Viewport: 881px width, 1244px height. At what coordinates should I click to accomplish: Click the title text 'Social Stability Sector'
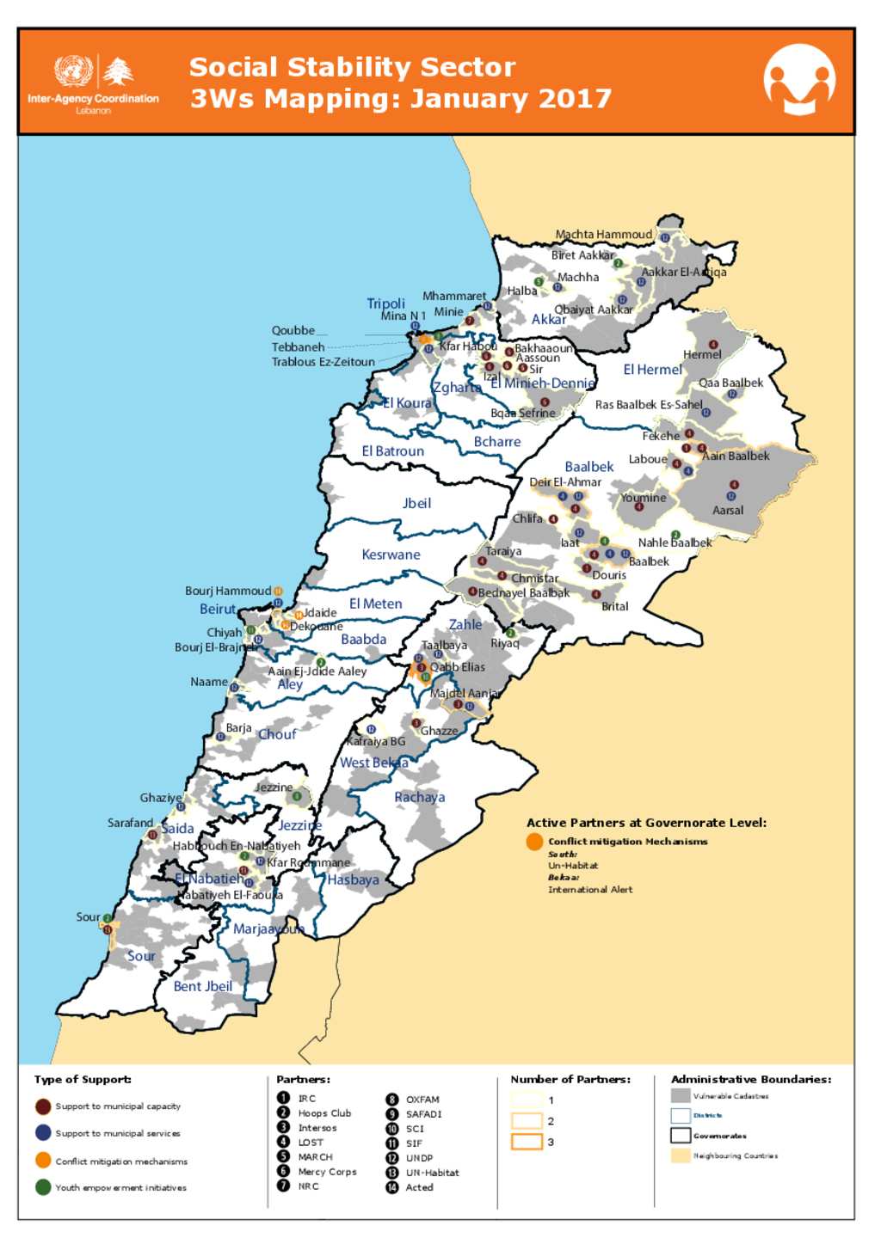352,67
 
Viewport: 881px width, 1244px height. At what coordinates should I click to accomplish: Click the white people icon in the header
799,80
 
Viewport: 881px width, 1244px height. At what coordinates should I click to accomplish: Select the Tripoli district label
385,303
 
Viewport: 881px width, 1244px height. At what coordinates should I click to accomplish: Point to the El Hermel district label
652,370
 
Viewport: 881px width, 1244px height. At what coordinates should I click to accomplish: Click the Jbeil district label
416,504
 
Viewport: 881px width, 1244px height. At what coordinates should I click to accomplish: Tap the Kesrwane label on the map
391,555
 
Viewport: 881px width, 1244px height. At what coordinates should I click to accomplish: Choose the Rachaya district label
419,798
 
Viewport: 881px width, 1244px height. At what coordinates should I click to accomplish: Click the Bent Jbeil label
202,987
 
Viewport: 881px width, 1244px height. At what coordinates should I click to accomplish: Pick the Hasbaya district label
353,880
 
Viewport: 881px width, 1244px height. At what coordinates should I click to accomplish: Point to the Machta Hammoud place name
603,235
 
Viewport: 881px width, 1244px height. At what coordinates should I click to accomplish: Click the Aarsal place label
727,511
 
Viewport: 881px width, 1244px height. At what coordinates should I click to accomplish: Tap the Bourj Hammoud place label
228,591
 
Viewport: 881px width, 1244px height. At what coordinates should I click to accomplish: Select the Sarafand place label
130,824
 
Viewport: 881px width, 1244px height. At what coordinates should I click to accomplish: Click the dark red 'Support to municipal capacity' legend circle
43,1107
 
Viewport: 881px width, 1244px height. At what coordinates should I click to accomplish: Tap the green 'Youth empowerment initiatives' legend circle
43,1187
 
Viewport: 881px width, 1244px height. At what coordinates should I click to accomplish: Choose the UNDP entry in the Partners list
419,1158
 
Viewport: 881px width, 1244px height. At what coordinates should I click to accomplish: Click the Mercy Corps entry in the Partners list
327,1172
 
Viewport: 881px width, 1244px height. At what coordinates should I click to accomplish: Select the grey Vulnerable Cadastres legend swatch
681,1096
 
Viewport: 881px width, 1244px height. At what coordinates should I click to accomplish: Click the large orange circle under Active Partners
534,842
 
